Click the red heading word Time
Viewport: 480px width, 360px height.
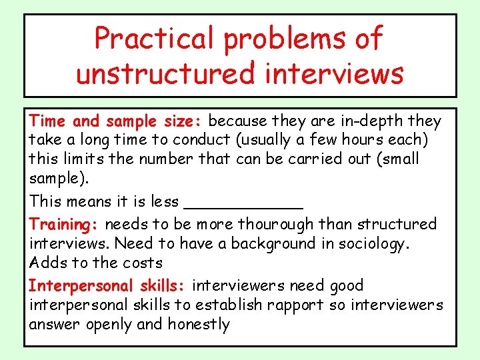pyautogui.click(x=48, y=121)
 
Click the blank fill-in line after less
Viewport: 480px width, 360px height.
pyautogui.click(x=243, y=201)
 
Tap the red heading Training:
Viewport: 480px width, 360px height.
pyautogui.click(x=65, y=224)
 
